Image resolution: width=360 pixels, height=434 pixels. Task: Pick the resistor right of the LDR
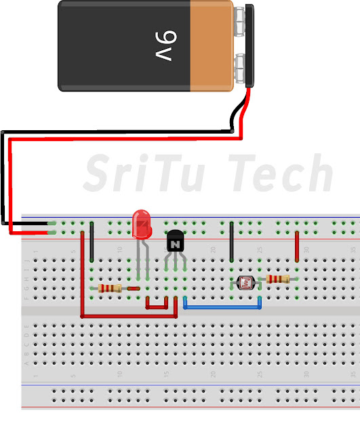(x=278, y=279)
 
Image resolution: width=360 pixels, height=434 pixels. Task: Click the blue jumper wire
(x=222, y=307)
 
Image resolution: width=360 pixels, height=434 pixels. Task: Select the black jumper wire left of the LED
(x=92, y=244)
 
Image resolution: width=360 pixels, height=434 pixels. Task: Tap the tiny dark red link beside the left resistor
(x=134, y=288)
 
